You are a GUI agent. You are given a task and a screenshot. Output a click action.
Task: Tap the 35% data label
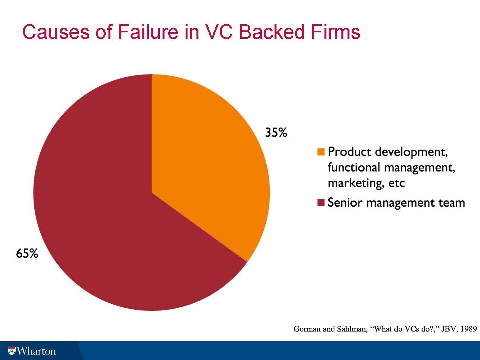276,132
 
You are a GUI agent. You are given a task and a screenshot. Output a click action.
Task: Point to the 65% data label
27,253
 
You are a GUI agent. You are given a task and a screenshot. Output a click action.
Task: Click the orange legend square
321,152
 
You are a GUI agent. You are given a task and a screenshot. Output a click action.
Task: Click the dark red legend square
321,203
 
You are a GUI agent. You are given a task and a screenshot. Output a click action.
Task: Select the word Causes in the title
56,32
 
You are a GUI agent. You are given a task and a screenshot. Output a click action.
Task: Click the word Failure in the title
148,32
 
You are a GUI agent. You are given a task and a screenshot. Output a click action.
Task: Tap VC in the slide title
219,32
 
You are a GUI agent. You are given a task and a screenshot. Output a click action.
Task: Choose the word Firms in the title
336,32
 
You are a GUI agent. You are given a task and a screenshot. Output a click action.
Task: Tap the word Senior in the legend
345,203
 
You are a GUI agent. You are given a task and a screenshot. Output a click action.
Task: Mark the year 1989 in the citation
469,329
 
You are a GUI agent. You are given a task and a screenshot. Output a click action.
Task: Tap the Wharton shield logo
12,351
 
